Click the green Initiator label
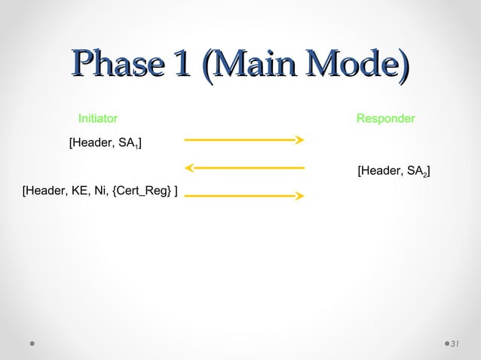coord(97,119)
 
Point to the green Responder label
coord(385,119)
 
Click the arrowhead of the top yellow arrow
coord(300,139)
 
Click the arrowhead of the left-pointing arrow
coord(188,167)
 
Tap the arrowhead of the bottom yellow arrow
coord(300,196)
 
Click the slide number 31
coord(455,344)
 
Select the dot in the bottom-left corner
coord(32,344)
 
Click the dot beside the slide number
coord(445,344)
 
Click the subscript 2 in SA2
coord(424,175)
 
